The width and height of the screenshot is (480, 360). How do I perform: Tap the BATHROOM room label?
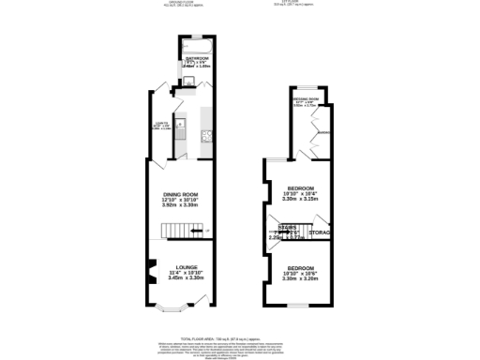pyautogui.click(x=198, y=57)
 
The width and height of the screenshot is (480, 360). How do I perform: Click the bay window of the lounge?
pyautogui.click(x=173, y=307)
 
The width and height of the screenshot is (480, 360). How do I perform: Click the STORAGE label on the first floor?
pyautogui.click(x=322, y=232)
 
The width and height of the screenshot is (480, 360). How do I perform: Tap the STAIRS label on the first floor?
pyautogui.click(x=288, y=227)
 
